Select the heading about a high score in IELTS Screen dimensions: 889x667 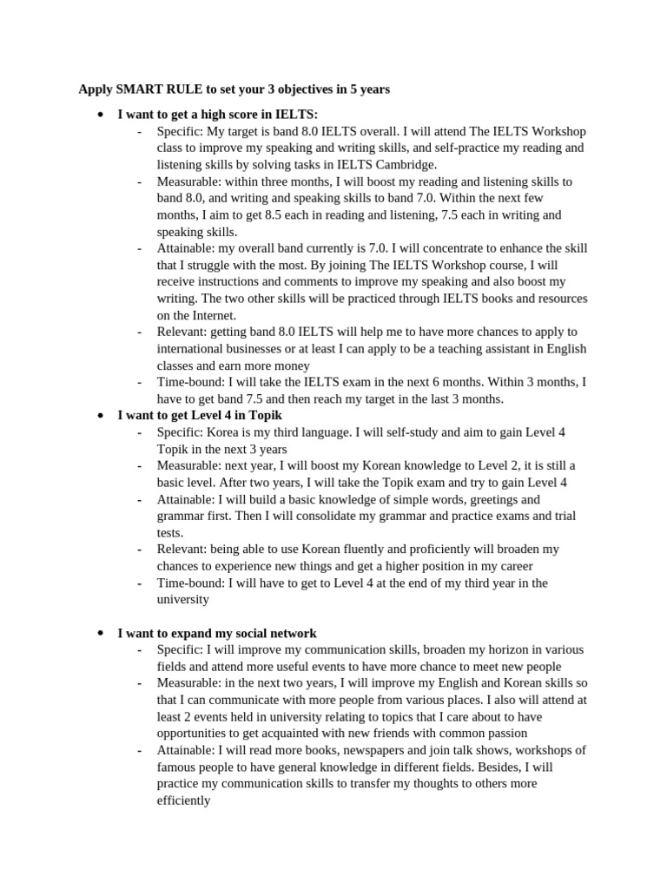click(x=217, y=114)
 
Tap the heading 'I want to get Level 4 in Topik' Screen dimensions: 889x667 click(x=200, y=415)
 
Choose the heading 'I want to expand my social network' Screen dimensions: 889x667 click(x=217, y=633)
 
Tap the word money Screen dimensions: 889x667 click(x=290, y=365)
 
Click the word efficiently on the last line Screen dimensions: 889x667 click(x=183, y=800)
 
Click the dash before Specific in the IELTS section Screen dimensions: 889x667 click(x=140, y=131)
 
